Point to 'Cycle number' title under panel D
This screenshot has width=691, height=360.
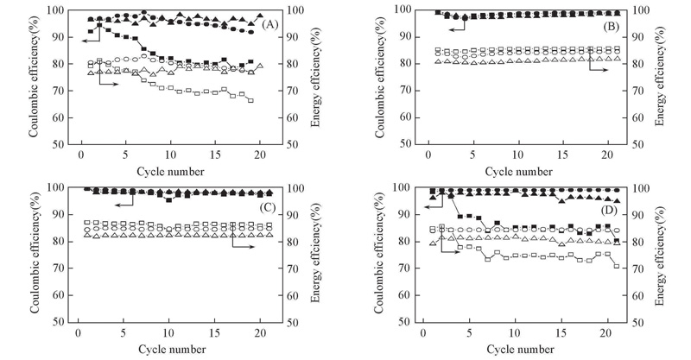518,349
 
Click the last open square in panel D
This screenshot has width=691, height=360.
616,266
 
